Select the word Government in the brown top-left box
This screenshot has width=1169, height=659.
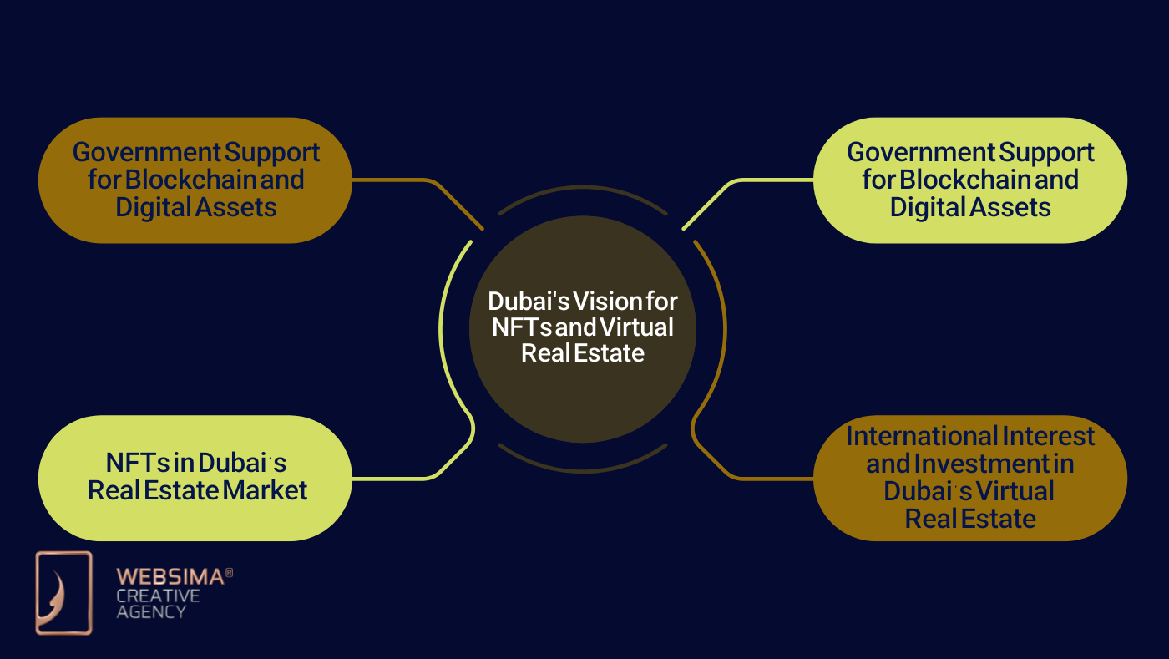coord(145,152)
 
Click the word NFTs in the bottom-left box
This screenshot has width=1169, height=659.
coord(138,462)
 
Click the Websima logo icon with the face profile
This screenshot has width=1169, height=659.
coord(63,593)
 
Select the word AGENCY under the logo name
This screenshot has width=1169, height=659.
coord(151,611)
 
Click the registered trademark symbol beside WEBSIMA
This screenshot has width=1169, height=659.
coord(230,573)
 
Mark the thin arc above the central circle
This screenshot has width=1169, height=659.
coord(583,189)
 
